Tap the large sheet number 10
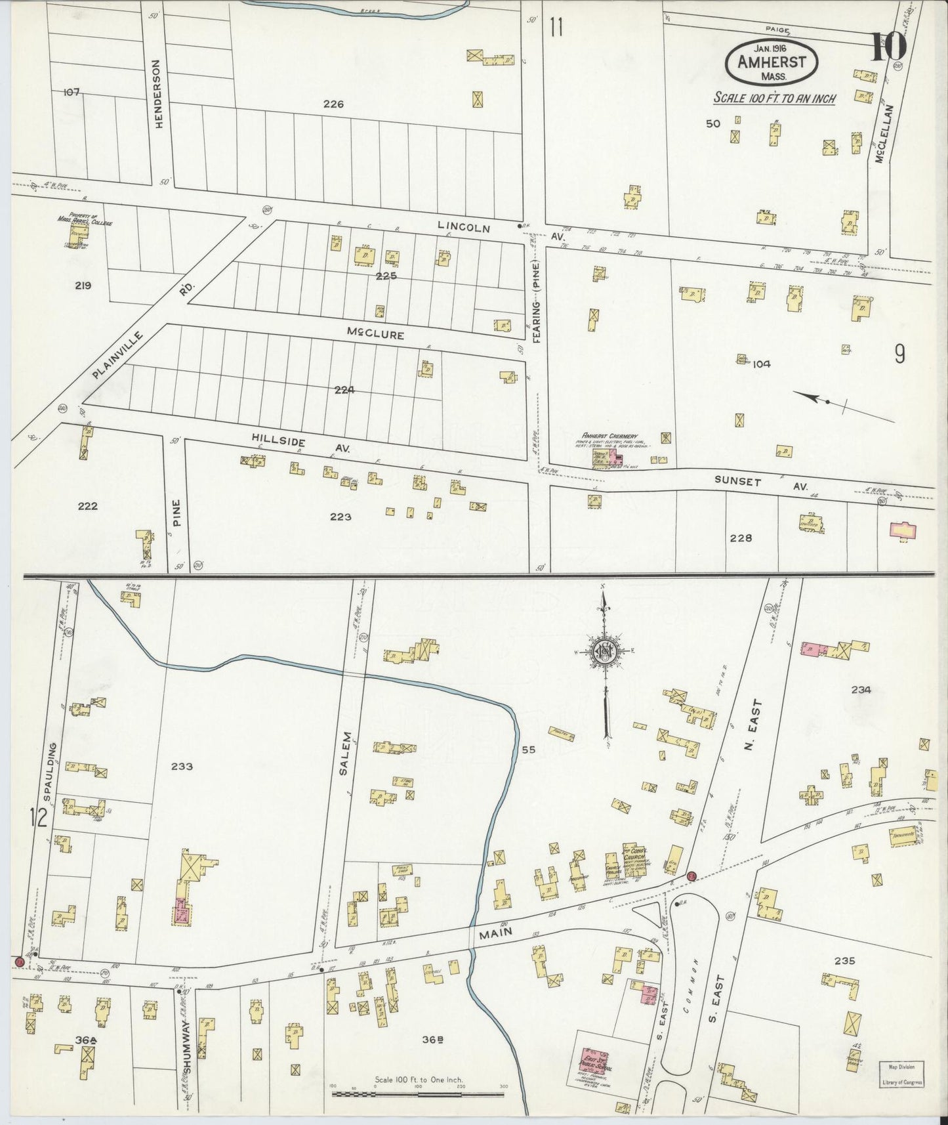[888, 47]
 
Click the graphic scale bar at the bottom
[418, 1093]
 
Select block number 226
[333, 103]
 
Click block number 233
[182, 766]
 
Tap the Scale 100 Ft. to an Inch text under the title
[774, 98]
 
